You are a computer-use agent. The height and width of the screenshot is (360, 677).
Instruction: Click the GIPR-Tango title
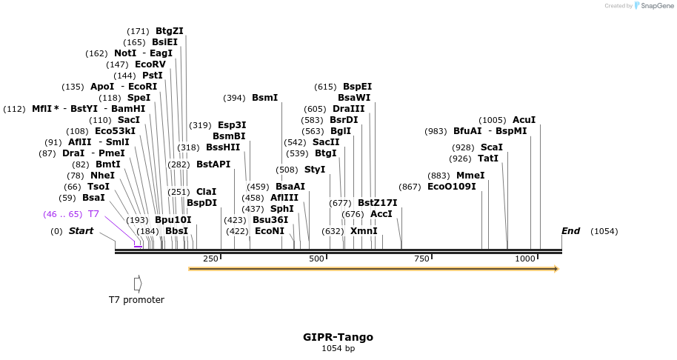click(338, 337)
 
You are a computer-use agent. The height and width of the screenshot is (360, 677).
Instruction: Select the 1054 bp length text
click(338, 349)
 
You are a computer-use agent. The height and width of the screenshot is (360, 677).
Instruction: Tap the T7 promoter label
click(136, 300)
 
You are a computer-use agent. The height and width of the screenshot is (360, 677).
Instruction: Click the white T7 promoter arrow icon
click(138, 284)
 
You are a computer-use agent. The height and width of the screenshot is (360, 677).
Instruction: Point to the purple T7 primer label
click(93, 214)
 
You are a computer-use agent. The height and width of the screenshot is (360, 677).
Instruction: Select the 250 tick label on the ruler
click(210, 259)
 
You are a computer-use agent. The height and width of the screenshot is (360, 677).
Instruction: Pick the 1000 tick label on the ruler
click(525, 259)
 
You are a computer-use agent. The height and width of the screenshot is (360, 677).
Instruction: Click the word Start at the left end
click(81, 231)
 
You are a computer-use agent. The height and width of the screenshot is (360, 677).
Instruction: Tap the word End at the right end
click(570, 231)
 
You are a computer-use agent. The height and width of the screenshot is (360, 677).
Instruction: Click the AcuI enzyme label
click(524, 120)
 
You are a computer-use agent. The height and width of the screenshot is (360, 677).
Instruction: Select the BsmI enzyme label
click(264, 98)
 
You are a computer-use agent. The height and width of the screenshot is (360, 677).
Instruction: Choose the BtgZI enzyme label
click(169, 31)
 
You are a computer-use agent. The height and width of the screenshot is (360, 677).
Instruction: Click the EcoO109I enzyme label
click(452, 187)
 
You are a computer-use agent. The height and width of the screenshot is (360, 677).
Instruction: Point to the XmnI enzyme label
click(364, 231)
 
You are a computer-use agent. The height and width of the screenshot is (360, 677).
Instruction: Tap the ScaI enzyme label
click(491, 147)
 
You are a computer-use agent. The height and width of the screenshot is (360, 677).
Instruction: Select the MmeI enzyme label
click(470, 176)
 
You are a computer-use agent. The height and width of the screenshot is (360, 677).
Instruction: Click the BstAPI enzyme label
click(213, 164)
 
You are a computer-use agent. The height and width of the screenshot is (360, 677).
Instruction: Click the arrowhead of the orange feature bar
click(555, 269)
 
